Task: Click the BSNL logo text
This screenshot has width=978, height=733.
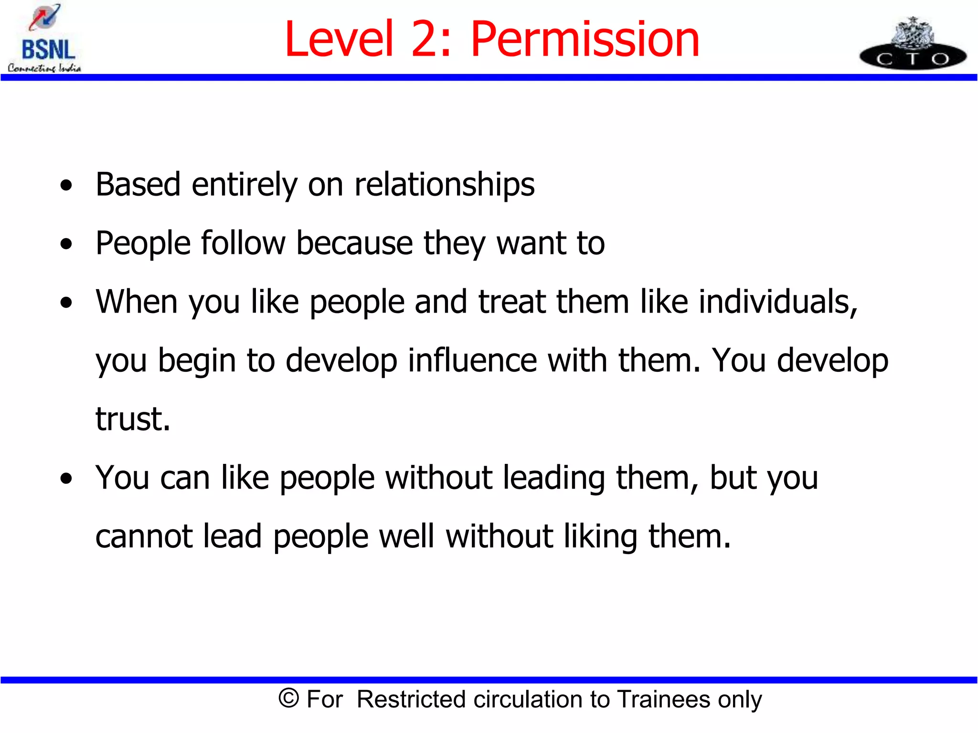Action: click(48, 50)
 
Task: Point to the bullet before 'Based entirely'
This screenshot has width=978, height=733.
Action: click(66, 186)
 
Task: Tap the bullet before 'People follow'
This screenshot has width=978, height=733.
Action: click(66, 244)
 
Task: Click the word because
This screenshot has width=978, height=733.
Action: click(354, 243)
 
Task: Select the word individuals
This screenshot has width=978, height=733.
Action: click(778, 302)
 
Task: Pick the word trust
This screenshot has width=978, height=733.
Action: click(132, 419)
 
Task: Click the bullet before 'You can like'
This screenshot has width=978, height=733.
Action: click(66, 479)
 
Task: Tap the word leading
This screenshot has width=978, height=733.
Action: click(554, 478)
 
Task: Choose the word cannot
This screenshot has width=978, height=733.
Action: click(144, 536)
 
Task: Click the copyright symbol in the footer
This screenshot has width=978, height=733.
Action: click(288, 699)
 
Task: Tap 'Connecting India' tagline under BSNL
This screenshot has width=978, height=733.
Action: click(44, 68)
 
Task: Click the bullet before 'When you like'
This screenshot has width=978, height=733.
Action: click(66, 303)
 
